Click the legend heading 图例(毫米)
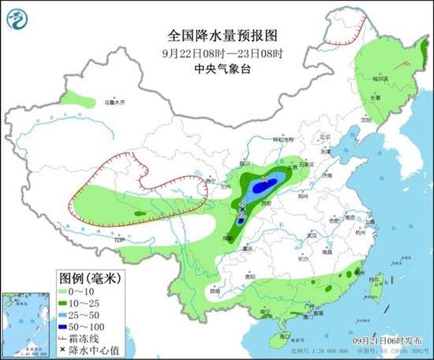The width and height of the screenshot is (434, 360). coord(89,277)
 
